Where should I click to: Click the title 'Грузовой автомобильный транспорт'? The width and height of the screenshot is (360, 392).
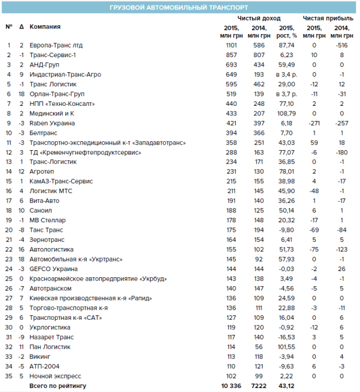point(180,7)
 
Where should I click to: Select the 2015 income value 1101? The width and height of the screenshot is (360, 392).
point(232,45)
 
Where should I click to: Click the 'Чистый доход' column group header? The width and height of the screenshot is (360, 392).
point(259,18)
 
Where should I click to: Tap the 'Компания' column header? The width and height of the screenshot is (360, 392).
point(45,27)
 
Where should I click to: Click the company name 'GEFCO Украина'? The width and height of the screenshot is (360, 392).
point(54,269)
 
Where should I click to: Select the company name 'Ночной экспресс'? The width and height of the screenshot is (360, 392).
point(55,376)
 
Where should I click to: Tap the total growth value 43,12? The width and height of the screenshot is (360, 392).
point(286,386)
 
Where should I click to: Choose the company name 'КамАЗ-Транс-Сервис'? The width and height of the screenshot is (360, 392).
point(61,181)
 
